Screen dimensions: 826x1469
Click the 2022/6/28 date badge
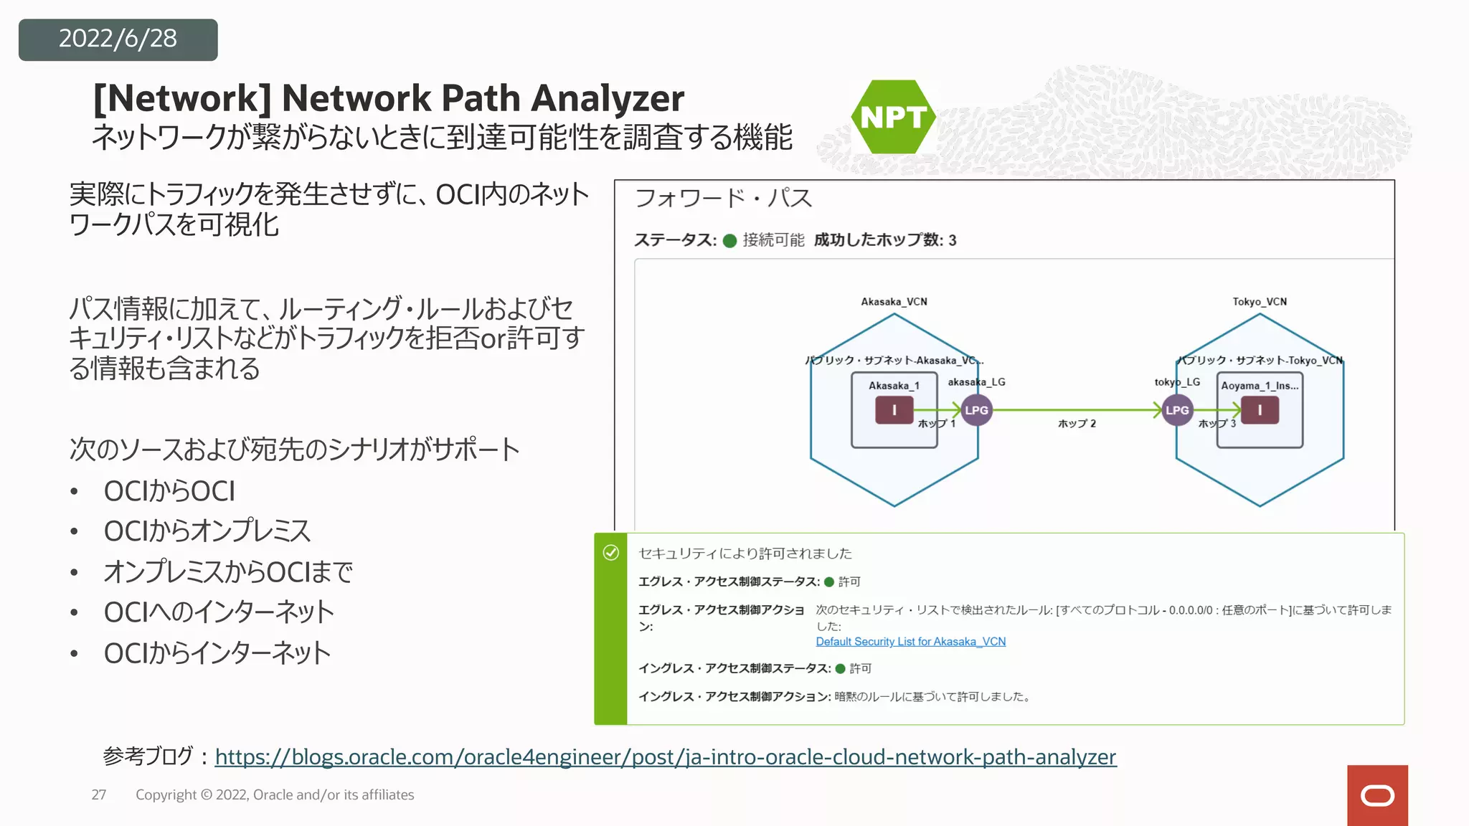tap(118, 39)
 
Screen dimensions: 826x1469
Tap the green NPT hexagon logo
tap(893, 117)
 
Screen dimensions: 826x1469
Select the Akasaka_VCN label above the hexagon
tap(894, 302)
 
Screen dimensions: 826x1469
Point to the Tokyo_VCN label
tap(1260, 302)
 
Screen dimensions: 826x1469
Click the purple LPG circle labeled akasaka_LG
tap(976, 410)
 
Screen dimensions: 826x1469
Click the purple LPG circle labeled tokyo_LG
tap(1177, 410)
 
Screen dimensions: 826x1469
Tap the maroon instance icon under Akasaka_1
tap(894, 410)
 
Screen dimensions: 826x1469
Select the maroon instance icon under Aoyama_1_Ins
tap(1260, 410)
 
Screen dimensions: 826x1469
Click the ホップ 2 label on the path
tap(1077, 424)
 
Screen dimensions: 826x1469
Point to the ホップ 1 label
tap(937, 424)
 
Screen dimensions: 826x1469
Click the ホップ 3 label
tap(1217, 424)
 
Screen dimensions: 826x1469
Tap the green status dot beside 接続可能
tap(729, 241)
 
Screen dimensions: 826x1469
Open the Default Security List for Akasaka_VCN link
tap(910, 642)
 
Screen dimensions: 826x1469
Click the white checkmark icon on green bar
tap(611, 553)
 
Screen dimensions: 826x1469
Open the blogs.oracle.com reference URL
tap(665, 757)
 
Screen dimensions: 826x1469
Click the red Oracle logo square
tap(1377, 795)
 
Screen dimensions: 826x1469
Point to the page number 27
tap(99, 795)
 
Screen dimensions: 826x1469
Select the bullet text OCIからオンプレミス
tap(207, 531)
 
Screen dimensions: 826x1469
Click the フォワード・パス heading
tap(723, 198)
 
